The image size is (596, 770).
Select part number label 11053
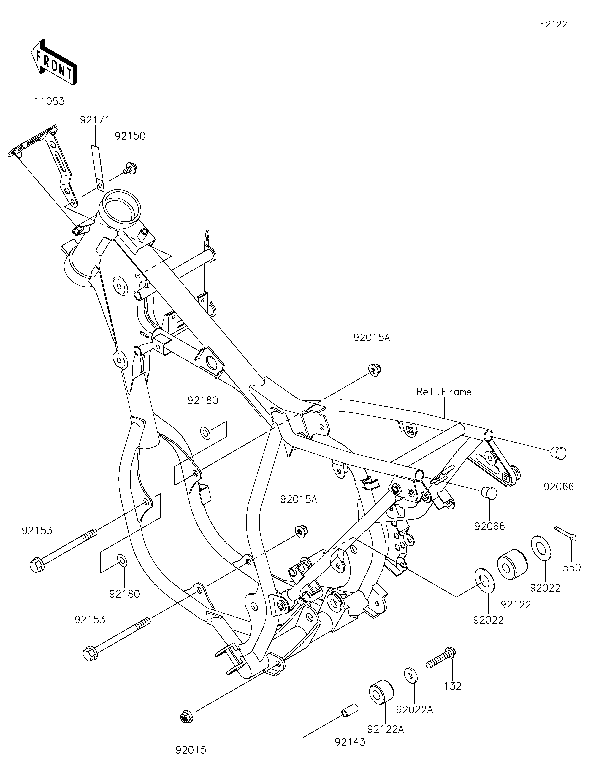(x=49, y=102)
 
